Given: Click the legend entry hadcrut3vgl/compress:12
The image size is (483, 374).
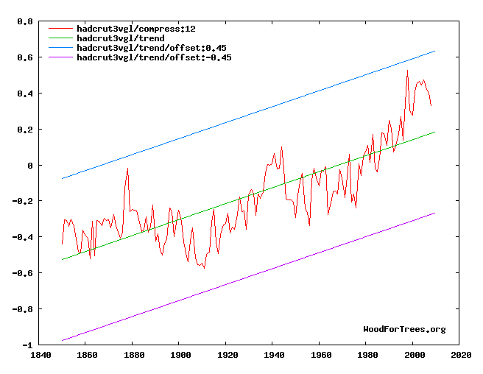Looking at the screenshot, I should tap(131, 27).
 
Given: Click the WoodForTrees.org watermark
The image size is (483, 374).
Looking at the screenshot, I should tap(404, 329).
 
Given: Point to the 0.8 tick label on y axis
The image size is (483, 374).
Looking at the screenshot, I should tap(25, 22).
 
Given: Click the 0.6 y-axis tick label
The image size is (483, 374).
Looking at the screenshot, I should tap(25, 58).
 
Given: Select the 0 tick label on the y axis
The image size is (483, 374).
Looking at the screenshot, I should tap(30, 166).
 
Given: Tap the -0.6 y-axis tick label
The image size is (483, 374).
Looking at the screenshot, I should tap(23, 274).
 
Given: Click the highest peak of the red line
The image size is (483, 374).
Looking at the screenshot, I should tap(407, 71).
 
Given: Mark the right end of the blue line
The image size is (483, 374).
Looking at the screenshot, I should tap(435, 51).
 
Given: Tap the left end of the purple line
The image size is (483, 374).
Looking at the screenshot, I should tap(62, 340).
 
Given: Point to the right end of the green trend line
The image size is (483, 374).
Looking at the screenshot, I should tap(435, 132).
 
